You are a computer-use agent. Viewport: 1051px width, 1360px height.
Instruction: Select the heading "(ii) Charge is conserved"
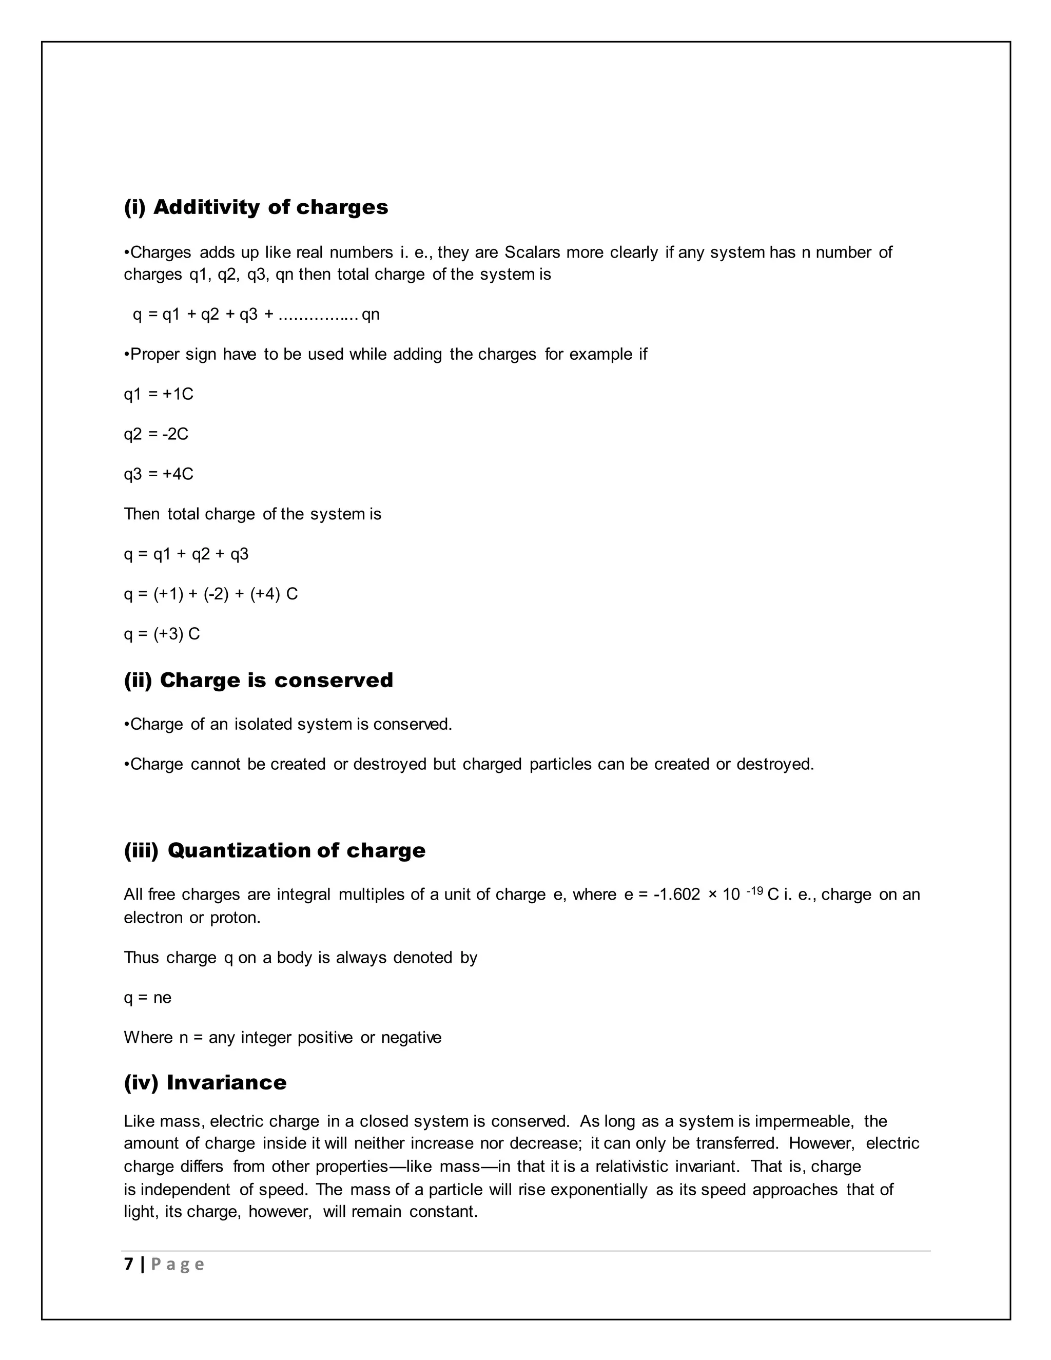[259, 680]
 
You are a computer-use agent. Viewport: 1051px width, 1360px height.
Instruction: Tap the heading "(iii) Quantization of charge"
[275, 850]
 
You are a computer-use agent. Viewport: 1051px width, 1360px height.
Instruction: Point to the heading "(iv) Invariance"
[205, 1082]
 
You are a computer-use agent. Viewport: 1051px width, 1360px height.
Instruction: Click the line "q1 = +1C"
[158, 394]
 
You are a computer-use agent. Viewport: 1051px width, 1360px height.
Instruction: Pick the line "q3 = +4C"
[158, 474]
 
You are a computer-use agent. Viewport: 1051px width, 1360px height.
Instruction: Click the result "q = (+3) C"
[161, 634]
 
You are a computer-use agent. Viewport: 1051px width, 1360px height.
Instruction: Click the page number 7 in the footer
[129, 1264]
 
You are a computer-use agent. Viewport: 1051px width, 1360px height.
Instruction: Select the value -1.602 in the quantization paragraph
[676, 895]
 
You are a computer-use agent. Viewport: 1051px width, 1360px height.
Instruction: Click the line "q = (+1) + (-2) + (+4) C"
[210, 594]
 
